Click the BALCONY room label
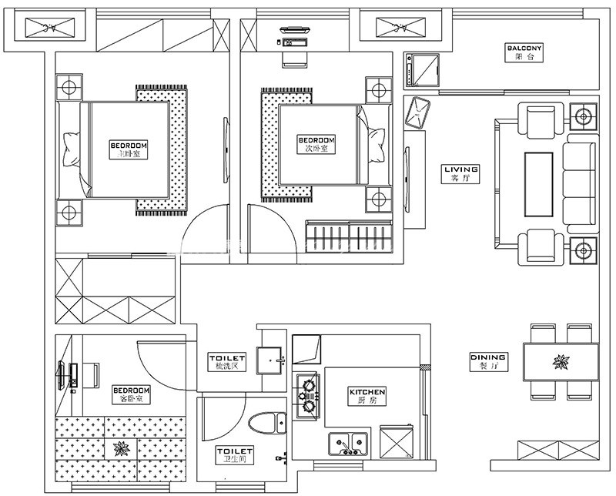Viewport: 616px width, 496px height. click(525, 52)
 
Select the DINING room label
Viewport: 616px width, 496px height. click(488, 360)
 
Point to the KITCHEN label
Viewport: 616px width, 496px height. click(367, 396)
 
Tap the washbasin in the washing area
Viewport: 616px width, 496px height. click(271, 357)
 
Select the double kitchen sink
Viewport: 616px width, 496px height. click(349, 444)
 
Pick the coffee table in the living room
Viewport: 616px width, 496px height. click(537, 185)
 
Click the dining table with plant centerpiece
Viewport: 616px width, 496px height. click(560, 361)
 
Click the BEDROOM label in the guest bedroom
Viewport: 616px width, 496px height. click(131, 394)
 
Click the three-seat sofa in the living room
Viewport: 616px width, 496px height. click(581, 185)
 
